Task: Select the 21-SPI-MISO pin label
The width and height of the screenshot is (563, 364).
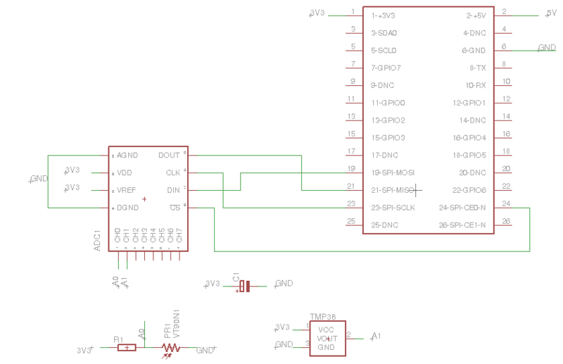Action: pyautogui.click(x=392, y=191)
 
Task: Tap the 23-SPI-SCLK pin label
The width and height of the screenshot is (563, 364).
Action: pyautogui.click(x=393, y=208)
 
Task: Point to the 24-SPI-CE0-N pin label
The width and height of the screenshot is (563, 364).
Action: pyautogui.click(x=462, y=208)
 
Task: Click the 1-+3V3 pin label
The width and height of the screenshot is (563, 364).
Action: pyautogui.click(x=383, y=15)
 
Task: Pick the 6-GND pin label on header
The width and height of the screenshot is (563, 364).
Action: pyautogui.click(x=474, y=51)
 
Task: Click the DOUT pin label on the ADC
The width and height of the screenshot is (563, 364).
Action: pyautogui.click(x=169, y=156)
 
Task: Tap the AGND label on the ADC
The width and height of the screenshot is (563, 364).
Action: pyautogui.click(x=128, y=156)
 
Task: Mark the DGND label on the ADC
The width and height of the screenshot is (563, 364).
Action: pyautogui.click(x=128, y=208)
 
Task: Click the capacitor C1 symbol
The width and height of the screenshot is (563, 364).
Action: pyautogui.click(x=244, y=286)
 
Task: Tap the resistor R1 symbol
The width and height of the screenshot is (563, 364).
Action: pyautogui.click(x=127, y=347)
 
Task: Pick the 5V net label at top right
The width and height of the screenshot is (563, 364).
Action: pyautogui.click(x=552, y=13)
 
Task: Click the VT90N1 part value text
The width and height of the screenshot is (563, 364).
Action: pyautogui.click(x=177, y=325)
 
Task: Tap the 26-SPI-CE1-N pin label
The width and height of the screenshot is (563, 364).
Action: pyautogui.click(x=462, y=225)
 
